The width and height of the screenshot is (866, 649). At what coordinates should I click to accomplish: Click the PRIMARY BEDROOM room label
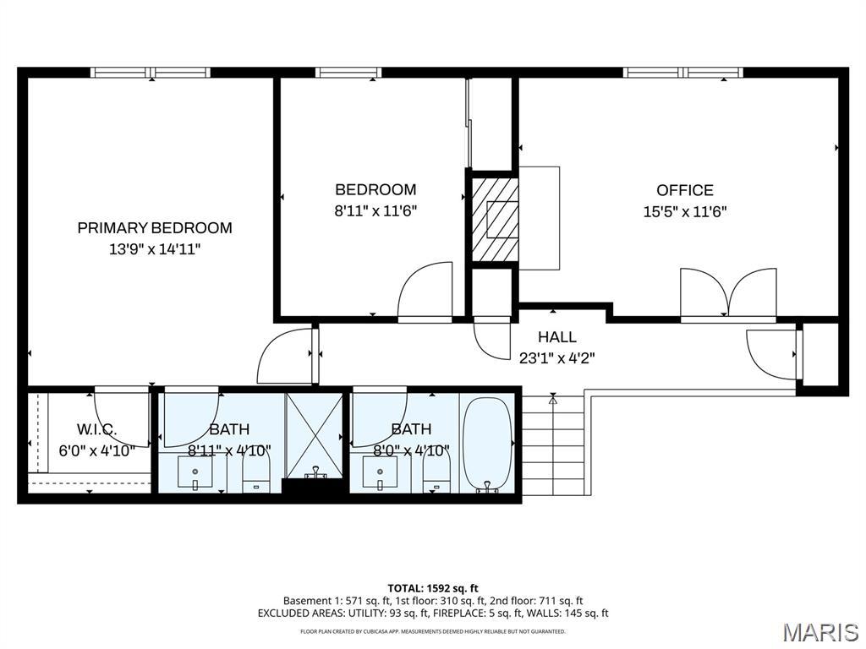155,228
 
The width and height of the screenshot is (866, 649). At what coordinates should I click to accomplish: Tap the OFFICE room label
685,190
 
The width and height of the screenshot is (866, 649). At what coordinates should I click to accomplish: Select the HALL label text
557,336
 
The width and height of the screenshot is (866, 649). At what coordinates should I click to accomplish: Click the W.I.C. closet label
96,428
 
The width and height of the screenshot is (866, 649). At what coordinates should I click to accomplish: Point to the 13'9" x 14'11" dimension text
155,249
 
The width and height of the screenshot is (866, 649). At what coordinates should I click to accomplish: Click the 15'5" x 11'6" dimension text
685,212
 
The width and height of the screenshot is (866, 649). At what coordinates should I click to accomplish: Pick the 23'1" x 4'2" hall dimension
557,358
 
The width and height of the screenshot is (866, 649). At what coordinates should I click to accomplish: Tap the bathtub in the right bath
488,445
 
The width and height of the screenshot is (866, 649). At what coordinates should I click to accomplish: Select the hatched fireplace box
494,219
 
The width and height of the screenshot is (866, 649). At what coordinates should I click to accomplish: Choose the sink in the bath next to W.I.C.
195,472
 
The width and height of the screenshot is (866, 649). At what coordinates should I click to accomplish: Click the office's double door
728,293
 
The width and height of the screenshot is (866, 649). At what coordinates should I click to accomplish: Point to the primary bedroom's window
151,73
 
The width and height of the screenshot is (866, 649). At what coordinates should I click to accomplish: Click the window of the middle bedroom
348,73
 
